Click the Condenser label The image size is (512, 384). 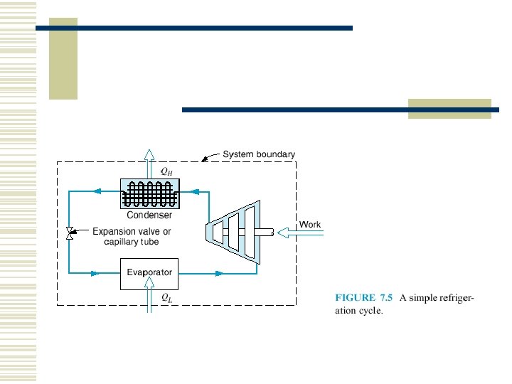click(149, 215)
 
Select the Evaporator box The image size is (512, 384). click(149, 272)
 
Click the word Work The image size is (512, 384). click(310, 225)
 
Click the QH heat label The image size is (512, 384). click(166, 171)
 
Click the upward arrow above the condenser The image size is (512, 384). click(149, 161)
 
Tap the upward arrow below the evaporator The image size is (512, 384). click(149, 297)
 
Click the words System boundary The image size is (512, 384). click(259, 154)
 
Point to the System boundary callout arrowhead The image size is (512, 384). click(206, 160)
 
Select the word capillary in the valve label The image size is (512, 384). click(121, 242)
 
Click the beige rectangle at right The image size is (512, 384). click(449, 108)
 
